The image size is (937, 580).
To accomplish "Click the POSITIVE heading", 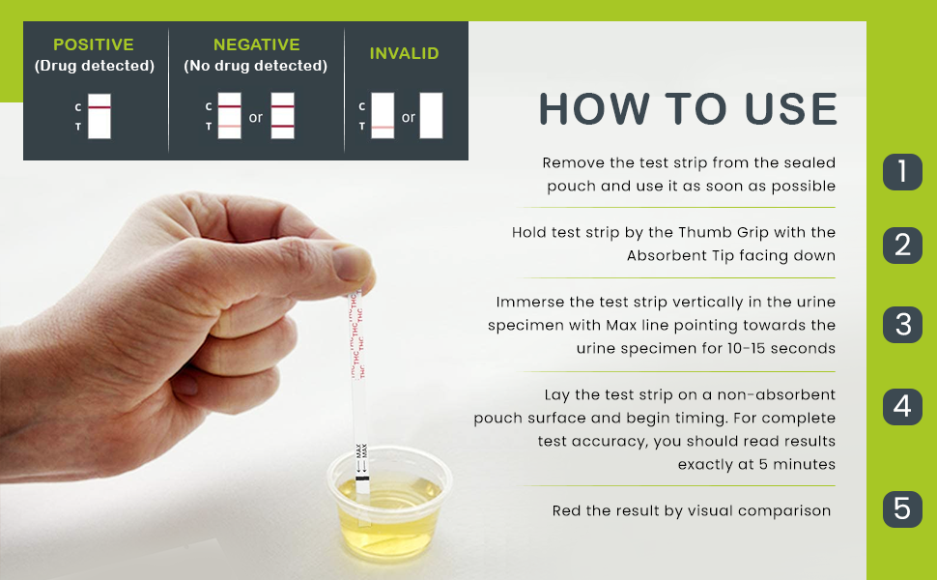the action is [x=94, y=44].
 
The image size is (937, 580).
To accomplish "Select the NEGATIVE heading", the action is [x=256, y=44].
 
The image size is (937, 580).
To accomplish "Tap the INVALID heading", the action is [x=404, y=53].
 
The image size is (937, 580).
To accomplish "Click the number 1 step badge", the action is [x=902, y=172].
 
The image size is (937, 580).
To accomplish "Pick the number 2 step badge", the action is [x=902, y=246].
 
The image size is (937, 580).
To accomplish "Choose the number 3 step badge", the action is [x=902, y=325].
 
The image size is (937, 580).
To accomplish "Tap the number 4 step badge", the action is [x=902, y=407].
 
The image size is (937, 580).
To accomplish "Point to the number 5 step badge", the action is [x=902, y=508].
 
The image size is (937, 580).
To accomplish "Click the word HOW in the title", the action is [x=595, y=109].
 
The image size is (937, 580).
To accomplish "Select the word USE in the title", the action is [x=791, y=109].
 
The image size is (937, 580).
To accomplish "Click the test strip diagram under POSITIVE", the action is [x=99, y=116].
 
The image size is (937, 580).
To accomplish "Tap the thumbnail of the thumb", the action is [x=353, y=264].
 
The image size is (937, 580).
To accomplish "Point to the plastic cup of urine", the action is [x=389, y=504].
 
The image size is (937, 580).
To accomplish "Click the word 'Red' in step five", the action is [x=564, y=510].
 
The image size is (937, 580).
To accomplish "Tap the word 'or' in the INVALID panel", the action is [x=409, y=117].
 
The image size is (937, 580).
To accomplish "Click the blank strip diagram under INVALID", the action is [x=431, y=115].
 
